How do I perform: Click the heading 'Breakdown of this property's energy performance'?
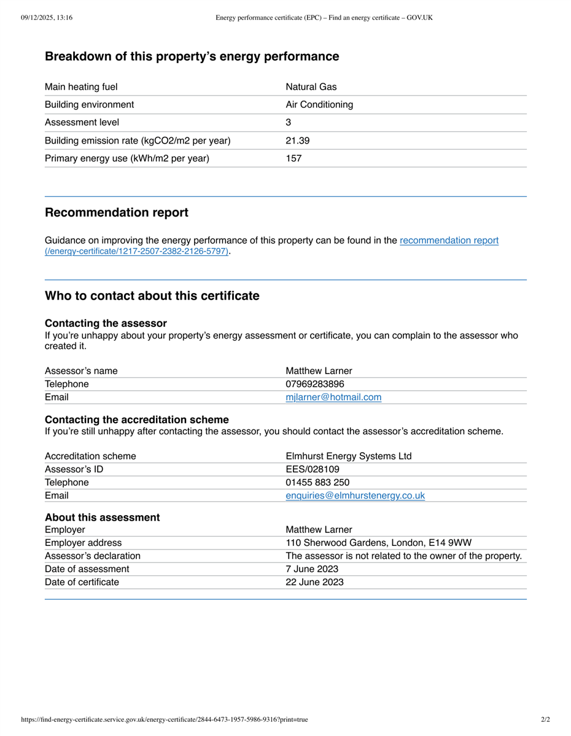point(192,56)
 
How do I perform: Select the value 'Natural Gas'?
point(311,87)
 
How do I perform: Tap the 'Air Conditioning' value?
point(319,105)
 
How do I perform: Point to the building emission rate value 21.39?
point(298,140)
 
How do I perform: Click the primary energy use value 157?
point(293,158)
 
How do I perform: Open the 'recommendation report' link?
point(449,240)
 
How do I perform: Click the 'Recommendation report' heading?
point(117,213)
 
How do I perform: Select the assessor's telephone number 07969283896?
point(315,384)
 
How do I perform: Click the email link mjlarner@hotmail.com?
point(333,397)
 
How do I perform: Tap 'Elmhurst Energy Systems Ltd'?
point(349,456)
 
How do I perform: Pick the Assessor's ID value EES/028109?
point(313,469)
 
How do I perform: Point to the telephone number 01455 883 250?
point(317,483)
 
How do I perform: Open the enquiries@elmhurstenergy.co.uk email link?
point(355,496)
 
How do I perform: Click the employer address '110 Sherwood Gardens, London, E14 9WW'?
point(378,543)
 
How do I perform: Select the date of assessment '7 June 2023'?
point(312,569)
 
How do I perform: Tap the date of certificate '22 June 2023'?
point(314,582)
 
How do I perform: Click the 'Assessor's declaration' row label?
point(93,556)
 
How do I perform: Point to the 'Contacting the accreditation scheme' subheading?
point(137,420)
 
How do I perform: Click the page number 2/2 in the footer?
point(545,719)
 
